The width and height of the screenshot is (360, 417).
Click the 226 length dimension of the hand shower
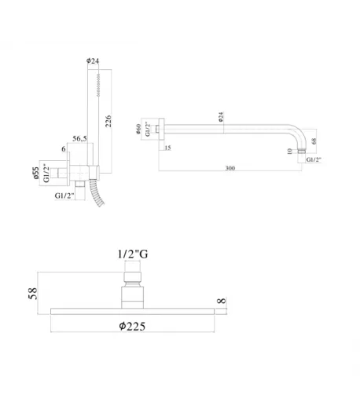point(108,121)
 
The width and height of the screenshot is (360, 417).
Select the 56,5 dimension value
point(79,138)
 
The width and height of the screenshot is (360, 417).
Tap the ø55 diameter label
point(36,173)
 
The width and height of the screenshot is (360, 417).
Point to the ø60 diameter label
point(138,129)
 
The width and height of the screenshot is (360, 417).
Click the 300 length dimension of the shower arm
point(230,168)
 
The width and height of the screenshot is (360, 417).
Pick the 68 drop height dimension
point(314,141)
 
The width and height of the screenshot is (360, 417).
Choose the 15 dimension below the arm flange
point(167,148)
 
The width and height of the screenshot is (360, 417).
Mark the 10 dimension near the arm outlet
point(290,152)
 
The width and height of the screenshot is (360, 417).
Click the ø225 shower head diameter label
point(132,327)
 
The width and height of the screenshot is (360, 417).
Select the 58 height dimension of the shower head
point(33,294)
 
